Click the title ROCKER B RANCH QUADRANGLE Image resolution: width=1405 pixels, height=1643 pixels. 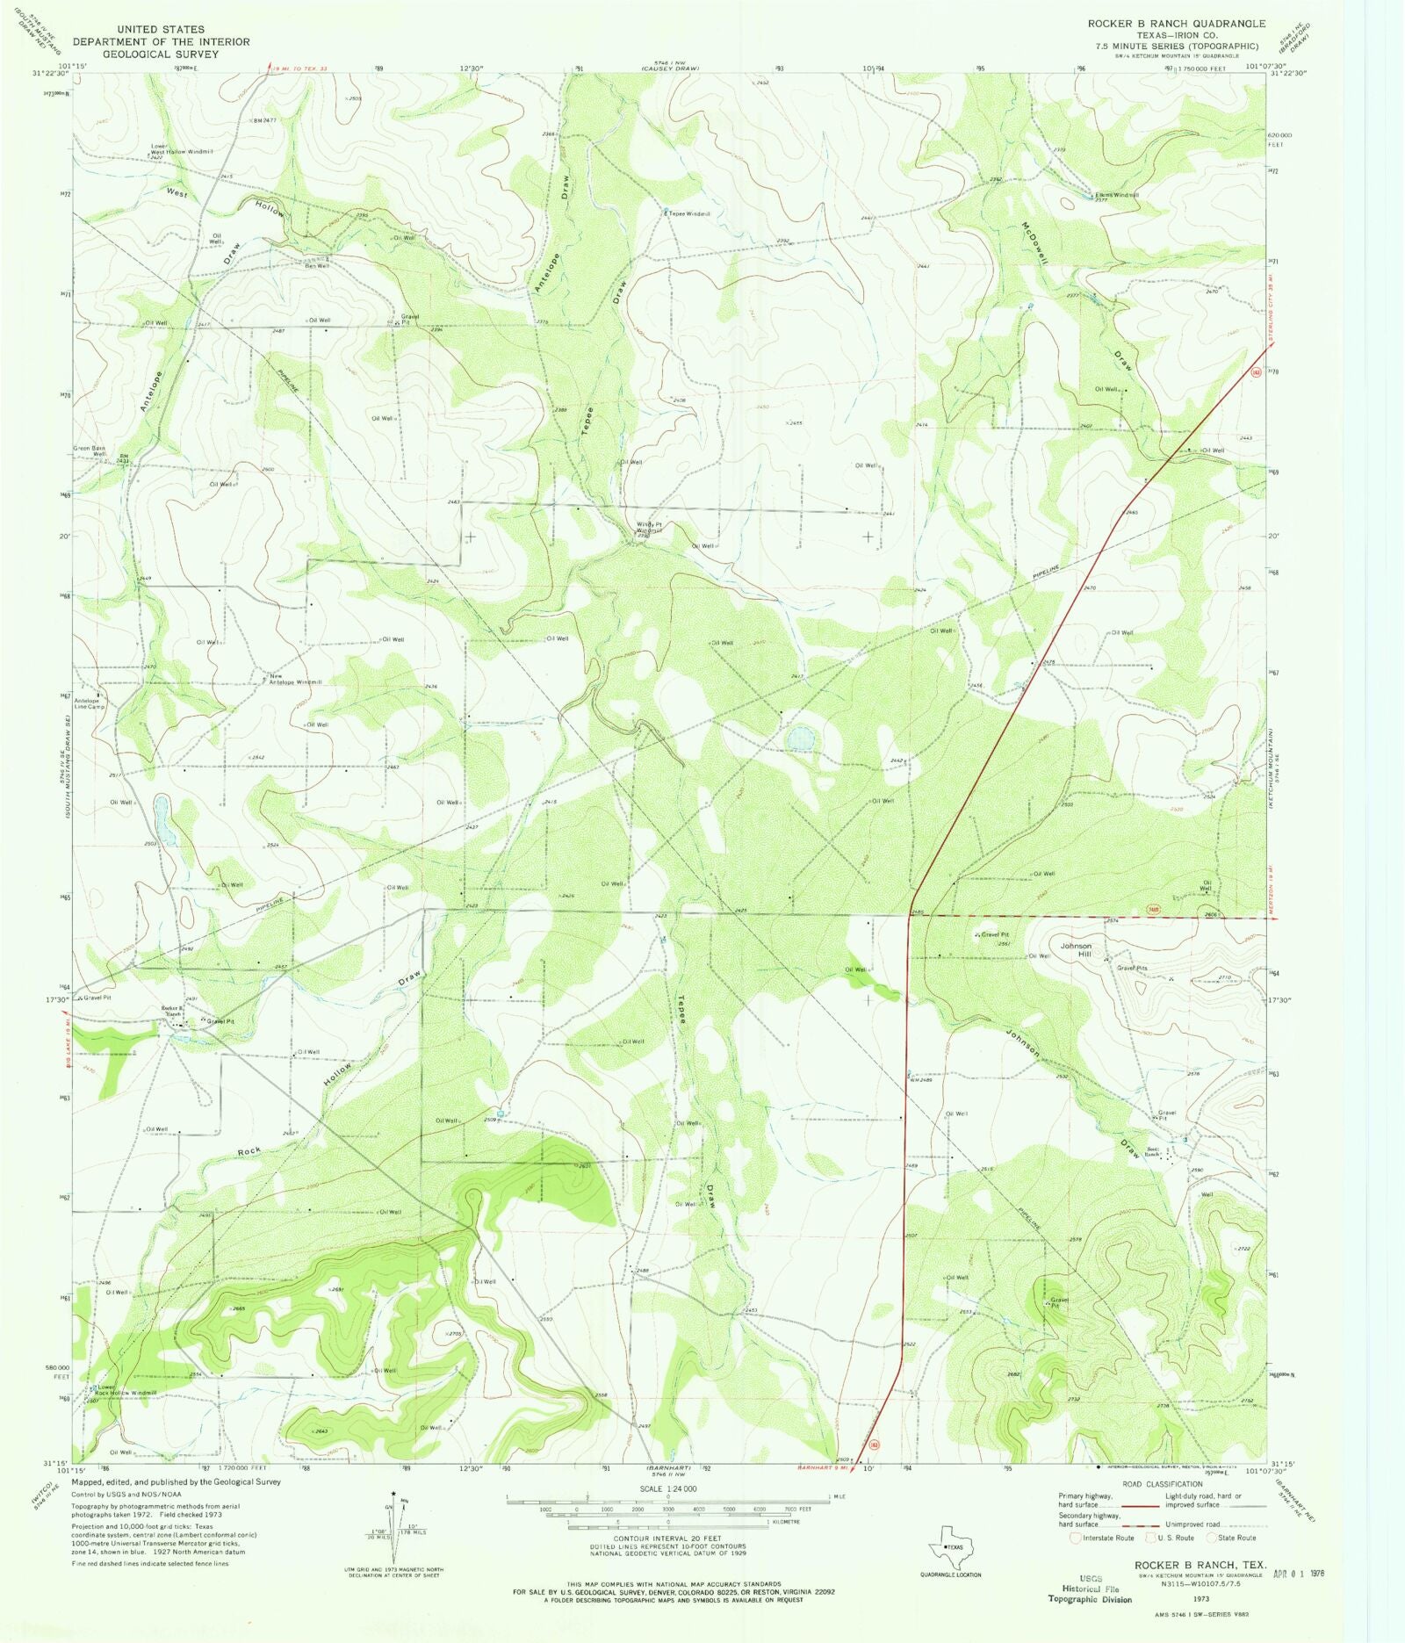point(1176,24)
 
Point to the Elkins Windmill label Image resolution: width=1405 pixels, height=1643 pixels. point(1116,195)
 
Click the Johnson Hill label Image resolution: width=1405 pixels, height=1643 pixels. point(1076,950)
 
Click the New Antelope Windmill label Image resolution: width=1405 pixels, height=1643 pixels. point(295,679)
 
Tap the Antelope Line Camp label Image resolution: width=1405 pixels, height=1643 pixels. point(89,703)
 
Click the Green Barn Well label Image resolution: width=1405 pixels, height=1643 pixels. point(91,451)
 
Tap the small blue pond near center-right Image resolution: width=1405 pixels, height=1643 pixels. point(800,739)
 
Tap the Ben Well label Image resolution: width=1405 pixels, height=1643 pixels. point(317,266)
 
